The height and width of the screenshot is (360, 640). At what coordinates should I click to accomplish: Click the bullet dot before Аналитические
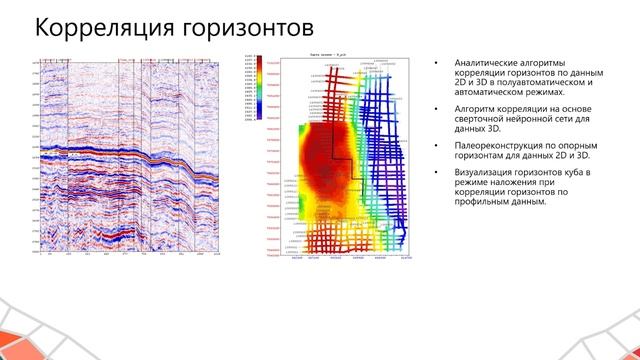(x=436, y=63)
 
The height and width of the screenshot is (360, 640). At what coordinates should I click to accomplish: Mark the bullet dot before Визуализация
(x=436, y=173)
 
